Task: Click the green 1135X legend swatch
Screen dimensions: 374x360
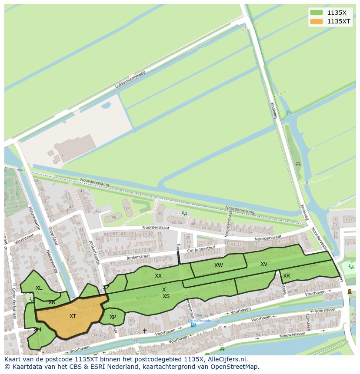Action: coord(316,13)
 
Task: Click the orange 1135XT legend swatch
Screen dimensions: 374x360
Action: coord(316,21)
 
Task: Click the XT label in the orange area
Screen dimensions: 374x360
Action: coord(73,316)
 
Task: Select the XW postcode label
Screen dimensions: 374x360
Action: coord(218,265)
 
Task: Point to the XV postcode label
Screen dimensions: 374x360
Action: coord(264,264)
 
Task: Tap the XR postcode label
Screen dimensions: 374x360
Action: coord(287,276)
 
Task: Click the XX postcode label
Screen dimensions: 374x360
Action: coord(158,276)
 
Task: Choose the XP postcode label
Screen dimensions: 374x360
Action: coord(113,317)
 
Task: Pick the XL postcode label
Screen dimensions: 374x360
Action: coord(39,288)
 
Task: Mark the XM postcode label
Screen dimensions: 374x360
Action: coord(37,330)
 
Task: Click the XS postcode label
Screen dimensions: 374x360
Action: coord(166,296)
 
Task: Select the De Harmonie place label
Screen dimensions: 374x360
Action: coord(199,321)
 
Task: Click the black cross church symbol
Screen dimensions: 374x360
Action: coord(145,331)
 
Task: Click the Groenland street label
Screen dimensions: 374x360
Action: coord(53,235)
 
